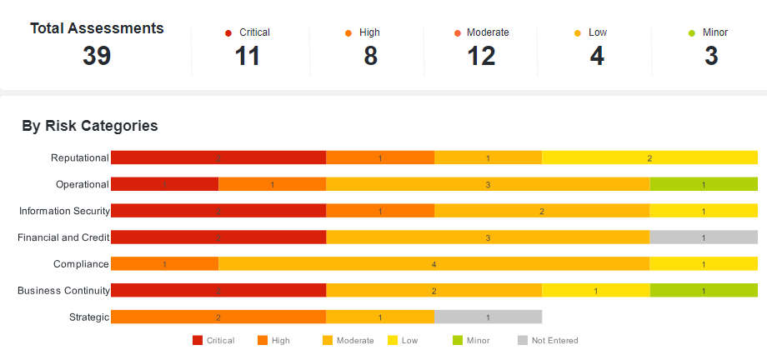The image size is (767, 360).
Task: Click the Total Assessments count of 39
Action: click(97, 56)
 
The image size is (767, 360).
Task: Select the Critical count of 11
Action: click(248, 56)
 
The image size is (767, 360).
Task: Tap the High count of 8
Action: click(370, 56)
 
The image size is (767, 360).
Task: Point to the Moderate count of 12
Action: click(481, 56)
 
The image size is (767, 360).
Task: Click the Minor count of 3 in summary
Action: click(711, 56)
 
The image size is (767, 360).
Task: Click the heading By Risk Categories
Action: click(90, 127)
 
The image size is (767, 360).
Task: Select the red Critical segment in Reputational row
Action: click(218, 157)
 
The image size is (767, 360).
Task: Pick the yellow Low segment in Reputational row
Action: click(649, 157)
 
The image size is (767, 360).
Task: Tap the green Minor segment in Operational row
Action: click(704, 184)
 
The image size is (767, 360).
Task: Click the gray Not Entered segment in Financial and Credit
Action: click(704, 237)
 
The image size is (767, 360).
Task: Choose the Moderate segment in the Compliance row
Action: click(434, 264)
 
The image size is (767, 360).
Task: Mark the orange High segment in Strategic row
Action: click(218, 317)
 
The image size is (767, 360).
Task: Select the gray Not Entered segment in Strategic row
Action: click(488, 317)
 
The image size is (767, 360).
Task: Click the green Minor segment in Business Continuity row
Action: click(704, 290)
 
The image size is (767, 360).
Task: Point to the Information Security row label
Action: click(64, 211)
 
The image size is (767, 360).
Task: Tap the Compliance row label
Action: click(81, 264)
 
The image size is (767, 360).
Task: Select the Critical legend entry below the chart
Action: click(213, 340)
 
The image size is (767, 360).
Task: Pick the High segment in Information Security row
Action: click(380, 211)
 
